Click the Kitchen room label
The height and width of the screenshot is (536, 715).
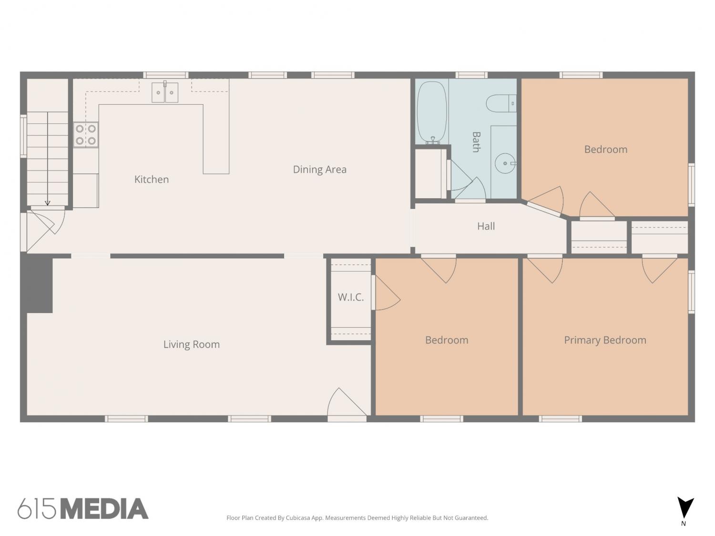(x=152, y=179)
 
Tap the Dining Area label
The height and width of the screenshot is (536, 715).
(x=319, y=170)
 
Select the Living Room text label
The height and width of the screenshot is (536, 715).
(x=192, y=344)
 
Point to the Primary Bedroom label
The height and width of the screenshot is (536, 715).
(x=605, y=340)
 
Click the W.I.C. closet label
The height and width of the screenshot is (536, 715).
(x=350, y=297)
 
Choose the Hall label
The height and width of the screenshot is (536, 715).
(x=486, y=226)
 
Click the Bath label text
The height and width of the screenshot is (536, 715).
(x=476, y=142)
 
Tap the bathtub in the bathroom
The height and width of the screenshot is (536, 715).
(x=432, y=112)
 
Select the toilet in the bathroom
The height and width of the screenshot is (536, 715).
(x=501, y=103)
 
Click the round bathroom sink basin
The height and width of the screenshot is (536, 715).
(x=505, y=163)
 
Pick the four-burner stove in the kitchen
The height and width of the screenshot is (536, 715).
(x=86, y=135)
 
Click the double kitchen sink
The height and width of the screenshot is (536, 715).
(x=165, y=92)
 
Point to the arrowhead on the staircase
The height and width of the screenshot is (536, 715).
(x=48, y=203)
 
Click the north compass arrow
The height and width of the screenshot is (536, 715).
(x=685, y=508)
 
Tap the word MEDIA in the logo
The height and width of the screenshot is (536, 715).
(x=105, y=509)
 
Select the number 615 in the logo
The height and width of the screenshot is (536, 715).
(x=37, y=509)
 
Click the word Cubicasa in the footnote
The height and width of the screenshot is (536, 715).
(x=298, y=518)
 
